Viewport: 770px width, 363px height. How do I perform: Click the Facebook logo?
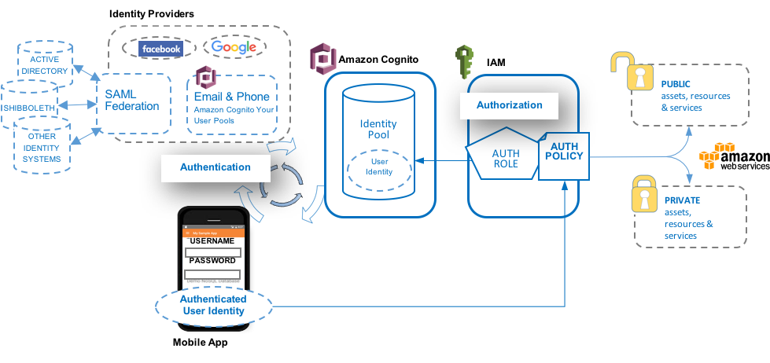160,49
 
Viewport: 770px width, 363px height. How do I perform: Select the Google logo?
234,47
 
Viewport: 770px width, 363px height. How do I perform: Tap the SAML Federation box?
132,101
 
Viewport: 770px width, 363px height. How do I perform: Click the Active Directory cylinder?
45,65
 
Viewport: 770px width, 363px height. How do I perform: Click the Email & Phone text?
231,97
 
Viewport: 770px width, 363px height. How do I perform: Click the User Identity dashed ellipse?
379,167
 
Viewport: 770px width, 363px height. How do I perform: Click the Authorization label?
509,104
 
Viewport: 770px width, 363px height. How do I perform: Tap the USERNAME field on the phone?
212,252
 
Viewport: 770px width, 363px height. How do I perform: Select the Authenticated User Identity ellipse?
213,305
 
